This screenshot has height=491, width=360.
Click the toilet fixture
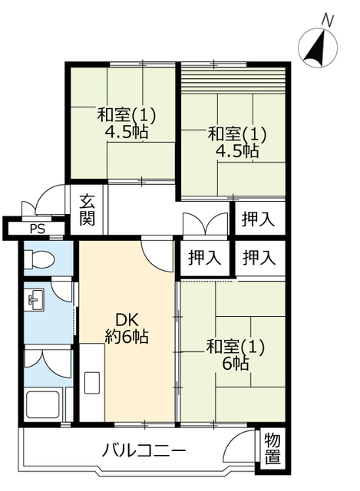pyautogui.click(x=39, y=259)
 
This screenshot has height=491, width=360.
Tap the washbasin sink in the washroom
pyautogui.click(x=35, y=299)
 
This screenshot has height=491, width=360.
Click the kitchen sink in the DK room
pyautogui.click(x=92, y=383)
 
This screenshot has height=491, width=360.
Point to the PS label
pyautogui.click(x=38, y=229)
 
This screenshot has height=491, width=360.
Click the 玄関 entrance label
pyautogui.click(x=87, y=209)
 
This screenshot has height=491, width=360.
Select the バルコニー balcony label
pyautogui.click(x=144, y=452)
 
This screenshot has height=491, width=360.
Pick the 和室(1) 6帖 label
pyautogui.click(x=236, y=355)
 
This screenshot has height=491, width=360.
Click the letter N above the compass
pyautogui.click(x=327, y=21)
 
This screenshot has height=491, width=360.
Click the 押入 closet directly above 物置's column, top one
pyautogui.click(x=258, y=219)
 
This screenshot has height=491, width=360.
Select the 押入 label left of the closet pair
pyautogui.click(x=205, y=258)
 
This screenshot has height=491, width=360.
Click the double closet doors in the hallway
pyautogui.click(x=205, y=223)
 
